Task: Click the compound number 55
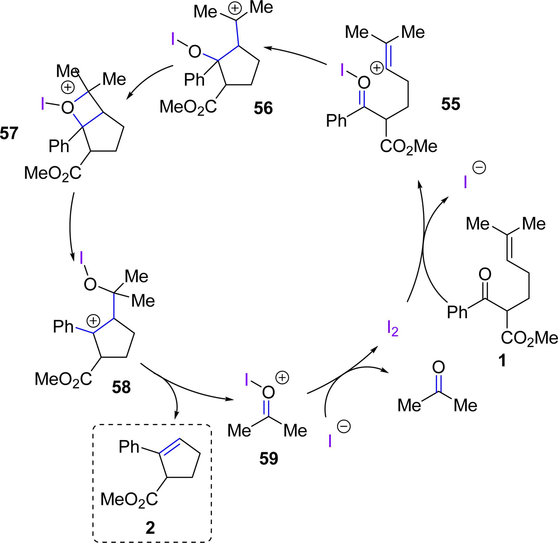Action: click(x=451, y=104)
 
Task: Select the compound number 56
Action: click(x=263, y=109)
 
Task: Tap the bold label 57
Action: click(x=9, y=133)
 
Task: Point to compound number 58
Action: click(x=121, y=387)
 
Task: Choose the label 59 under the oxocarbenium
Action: click(x=269, y=459)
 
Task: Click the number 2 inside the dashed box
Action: click(x=150, y=528)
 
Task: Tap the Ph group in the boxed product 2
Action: click(x=129, y=447)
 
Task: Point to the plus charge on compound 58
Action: click(x=93, y=321)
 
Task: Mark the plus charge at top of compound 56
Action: click(x=235, y=8)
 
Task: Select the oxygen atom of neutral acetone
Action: click(x=438, y=368)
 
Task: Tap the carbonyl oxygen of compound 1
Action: click(x=485, y=274)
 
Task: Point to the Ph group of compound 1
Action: click(x=457, y=312)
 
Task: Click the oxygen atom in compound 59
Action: click(x=268, y=392)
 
